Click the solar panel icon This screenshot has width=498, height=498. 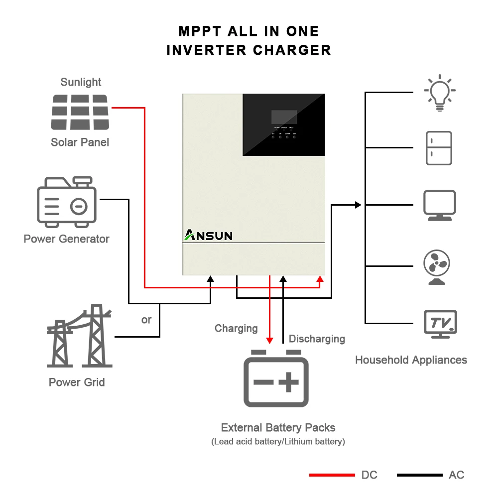[x=80, y=112]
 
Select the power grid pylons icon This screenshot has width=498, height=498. [x=80, y=336]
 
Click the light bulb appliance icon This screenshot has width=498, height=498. [x=440, y=93]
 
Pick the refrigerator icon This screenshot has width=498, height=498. [x=439, y=148]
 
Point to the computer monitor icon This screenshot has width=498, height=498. [x=439, y=205]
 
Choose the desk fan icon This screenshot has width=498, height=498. [x=437, y=267]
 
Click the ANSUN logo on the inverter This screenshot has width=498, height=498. [x=209, y=235]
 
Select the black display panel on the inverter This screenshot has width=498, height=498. [x=284, y=124]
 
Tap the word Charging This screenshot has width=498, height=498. [x=236, y=328]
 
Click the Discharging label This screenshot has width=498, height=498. [x=317, y=339]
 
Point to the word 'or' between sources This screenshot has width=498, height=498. [x=146, y=320]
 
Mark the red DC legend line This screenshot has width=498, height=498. [x=332, y=475]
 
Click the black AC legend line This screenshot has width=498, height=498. [x=419, y=475]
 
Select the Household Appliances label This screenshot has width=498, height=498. [x=411, y=360]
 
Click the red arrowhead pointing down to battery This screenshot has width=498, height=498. [x=269, y=340]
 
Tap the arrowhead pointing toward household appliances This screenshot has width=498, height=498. [x=357, y=205]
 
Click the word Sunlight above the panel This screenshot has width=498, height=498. [x=81, y=82]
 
